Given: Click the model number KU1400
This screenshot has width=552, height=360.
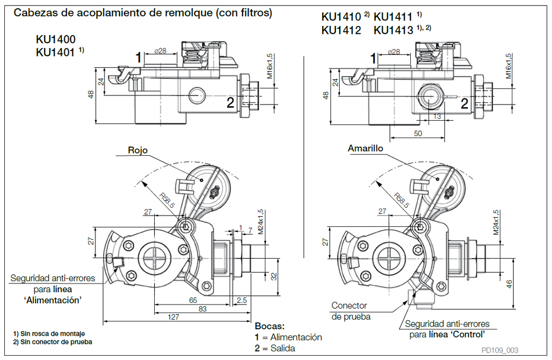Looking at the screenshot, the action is pos(56,39).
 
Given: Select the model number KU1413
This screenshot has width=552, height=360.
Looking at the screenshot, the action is pos(393,30).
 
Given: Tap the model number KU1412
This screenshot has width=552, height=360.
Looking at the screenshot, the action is pos(341,30).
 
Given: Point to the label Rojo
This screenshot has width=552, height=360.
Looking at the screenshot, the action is pos(137,150).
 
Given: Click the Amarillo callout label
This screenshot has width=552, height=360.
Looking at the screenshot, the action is pos(365,148).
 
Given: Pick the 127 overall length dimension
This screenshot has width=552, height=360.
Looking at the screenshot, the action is pos(174,317).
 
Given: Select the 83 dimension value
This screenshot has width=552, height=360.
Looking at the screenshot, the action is pos(203,309).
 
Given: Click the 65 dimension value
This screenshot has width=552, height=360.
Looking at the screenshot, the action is pos(193,300).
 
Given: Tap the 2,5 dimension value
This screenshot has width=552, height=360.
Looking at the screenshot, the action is pos(241,300).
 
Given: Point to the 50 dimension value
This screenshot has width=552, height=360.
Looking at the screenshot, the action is pos(418,133).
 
